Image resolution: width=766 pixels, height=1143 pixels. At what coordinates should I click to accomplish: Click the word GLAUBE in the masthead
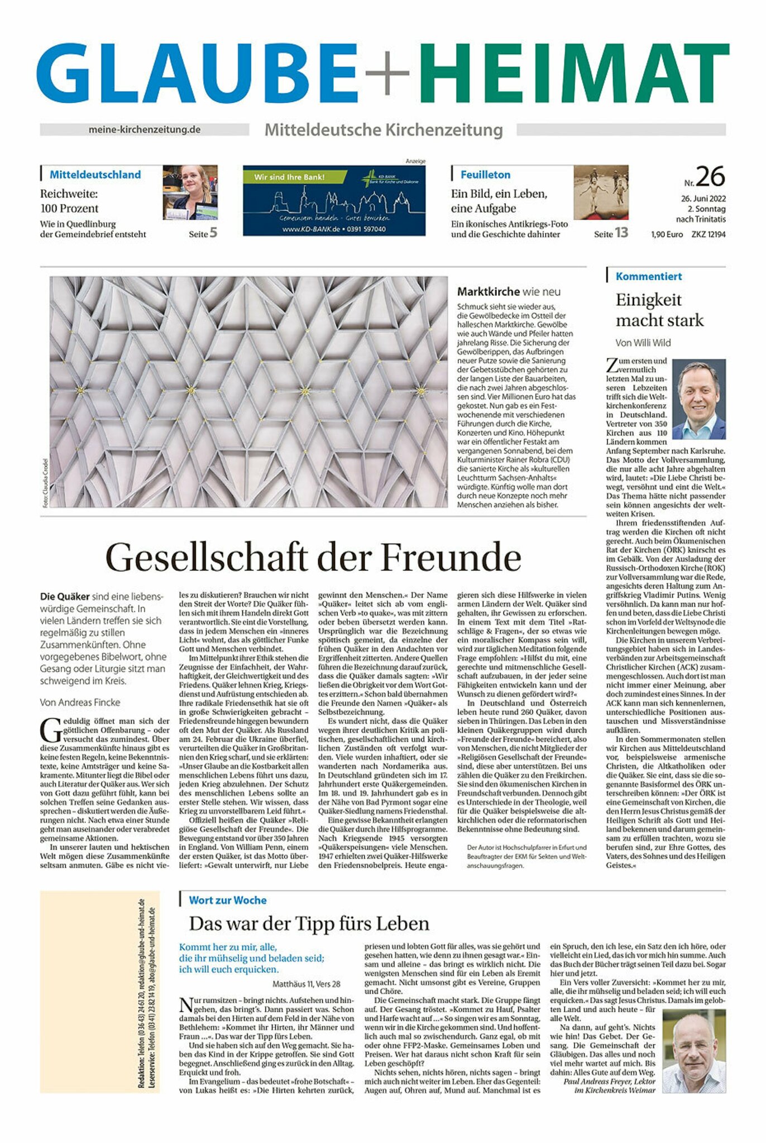point(198,73)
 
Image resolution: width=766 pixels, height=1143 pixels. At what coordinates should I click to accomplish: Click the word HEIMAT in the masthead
point(574,73)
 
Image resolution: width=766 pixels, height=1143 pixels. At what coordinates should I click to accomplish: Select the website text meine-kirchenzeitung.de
point(144,129)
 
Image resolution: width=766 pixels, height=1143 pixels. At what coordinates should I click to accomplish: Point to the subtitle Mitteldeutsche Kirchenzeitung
point(384,130)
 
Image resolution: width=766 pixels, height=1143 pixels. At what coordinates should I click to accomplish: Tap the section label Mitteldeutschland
point(95,175)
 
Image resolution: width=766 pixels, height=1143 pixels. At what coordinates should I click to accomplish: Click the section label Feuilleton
point(485,175)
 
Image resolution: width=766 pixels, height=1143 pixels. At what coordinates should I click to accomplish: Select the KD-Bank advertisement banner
point(334,199)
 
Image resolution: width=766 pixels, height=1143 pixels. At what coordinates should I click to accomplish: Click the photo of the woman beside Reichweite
point(190,192)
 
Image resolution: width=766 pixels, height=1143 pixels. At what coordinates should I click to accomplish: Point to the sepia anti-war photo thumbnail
point(601,192)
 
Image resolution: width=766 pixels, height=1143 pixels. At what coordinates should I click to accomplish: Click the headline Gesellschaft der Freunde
point(313,557)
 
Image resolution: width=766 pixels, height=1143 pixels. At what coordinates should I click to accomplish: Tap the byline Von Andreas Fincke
point(80,702)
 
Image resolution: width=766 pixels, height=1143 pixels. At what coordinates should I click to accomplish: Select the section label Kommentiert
point(648,276)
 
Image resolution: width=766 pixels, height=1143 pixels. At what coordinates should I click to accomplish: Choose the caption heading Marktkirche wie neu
point(509,291)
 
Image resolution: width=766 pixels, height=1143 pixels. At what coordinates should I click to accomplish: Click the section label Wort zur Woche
point(227,900)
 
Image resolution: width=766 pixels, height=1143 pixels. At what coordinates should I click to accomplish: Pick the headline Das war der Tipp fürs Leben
point(309,923)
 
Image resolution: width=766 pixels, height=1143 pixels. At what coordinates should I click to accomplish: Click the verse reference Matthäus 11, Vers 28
point(307,983)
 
